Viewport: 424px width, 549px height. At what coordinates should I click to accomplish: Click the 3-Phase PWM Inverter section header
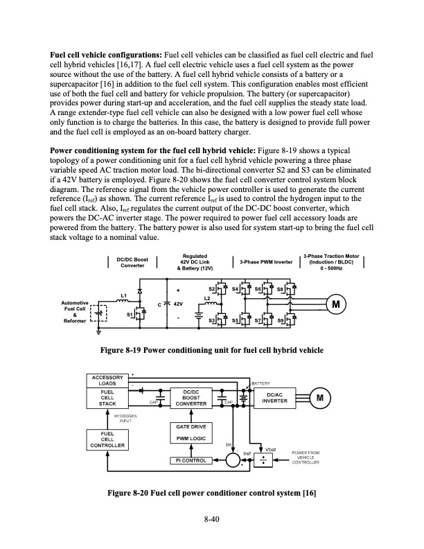(x=266, y=262)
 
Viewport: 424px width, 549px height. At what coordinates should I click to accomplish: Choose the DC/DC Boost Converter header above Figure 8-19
(x=132, y=262)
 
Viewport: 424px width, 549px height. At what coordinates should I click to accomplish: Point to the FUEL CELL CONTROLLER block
(x=105, y=439)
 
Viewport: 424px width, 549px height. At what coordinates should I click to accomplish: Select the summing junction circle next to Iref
(x=236, y=460)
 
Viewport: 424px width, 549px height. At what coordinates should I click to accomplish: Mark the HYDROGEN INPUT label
(x=126, y=417)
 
